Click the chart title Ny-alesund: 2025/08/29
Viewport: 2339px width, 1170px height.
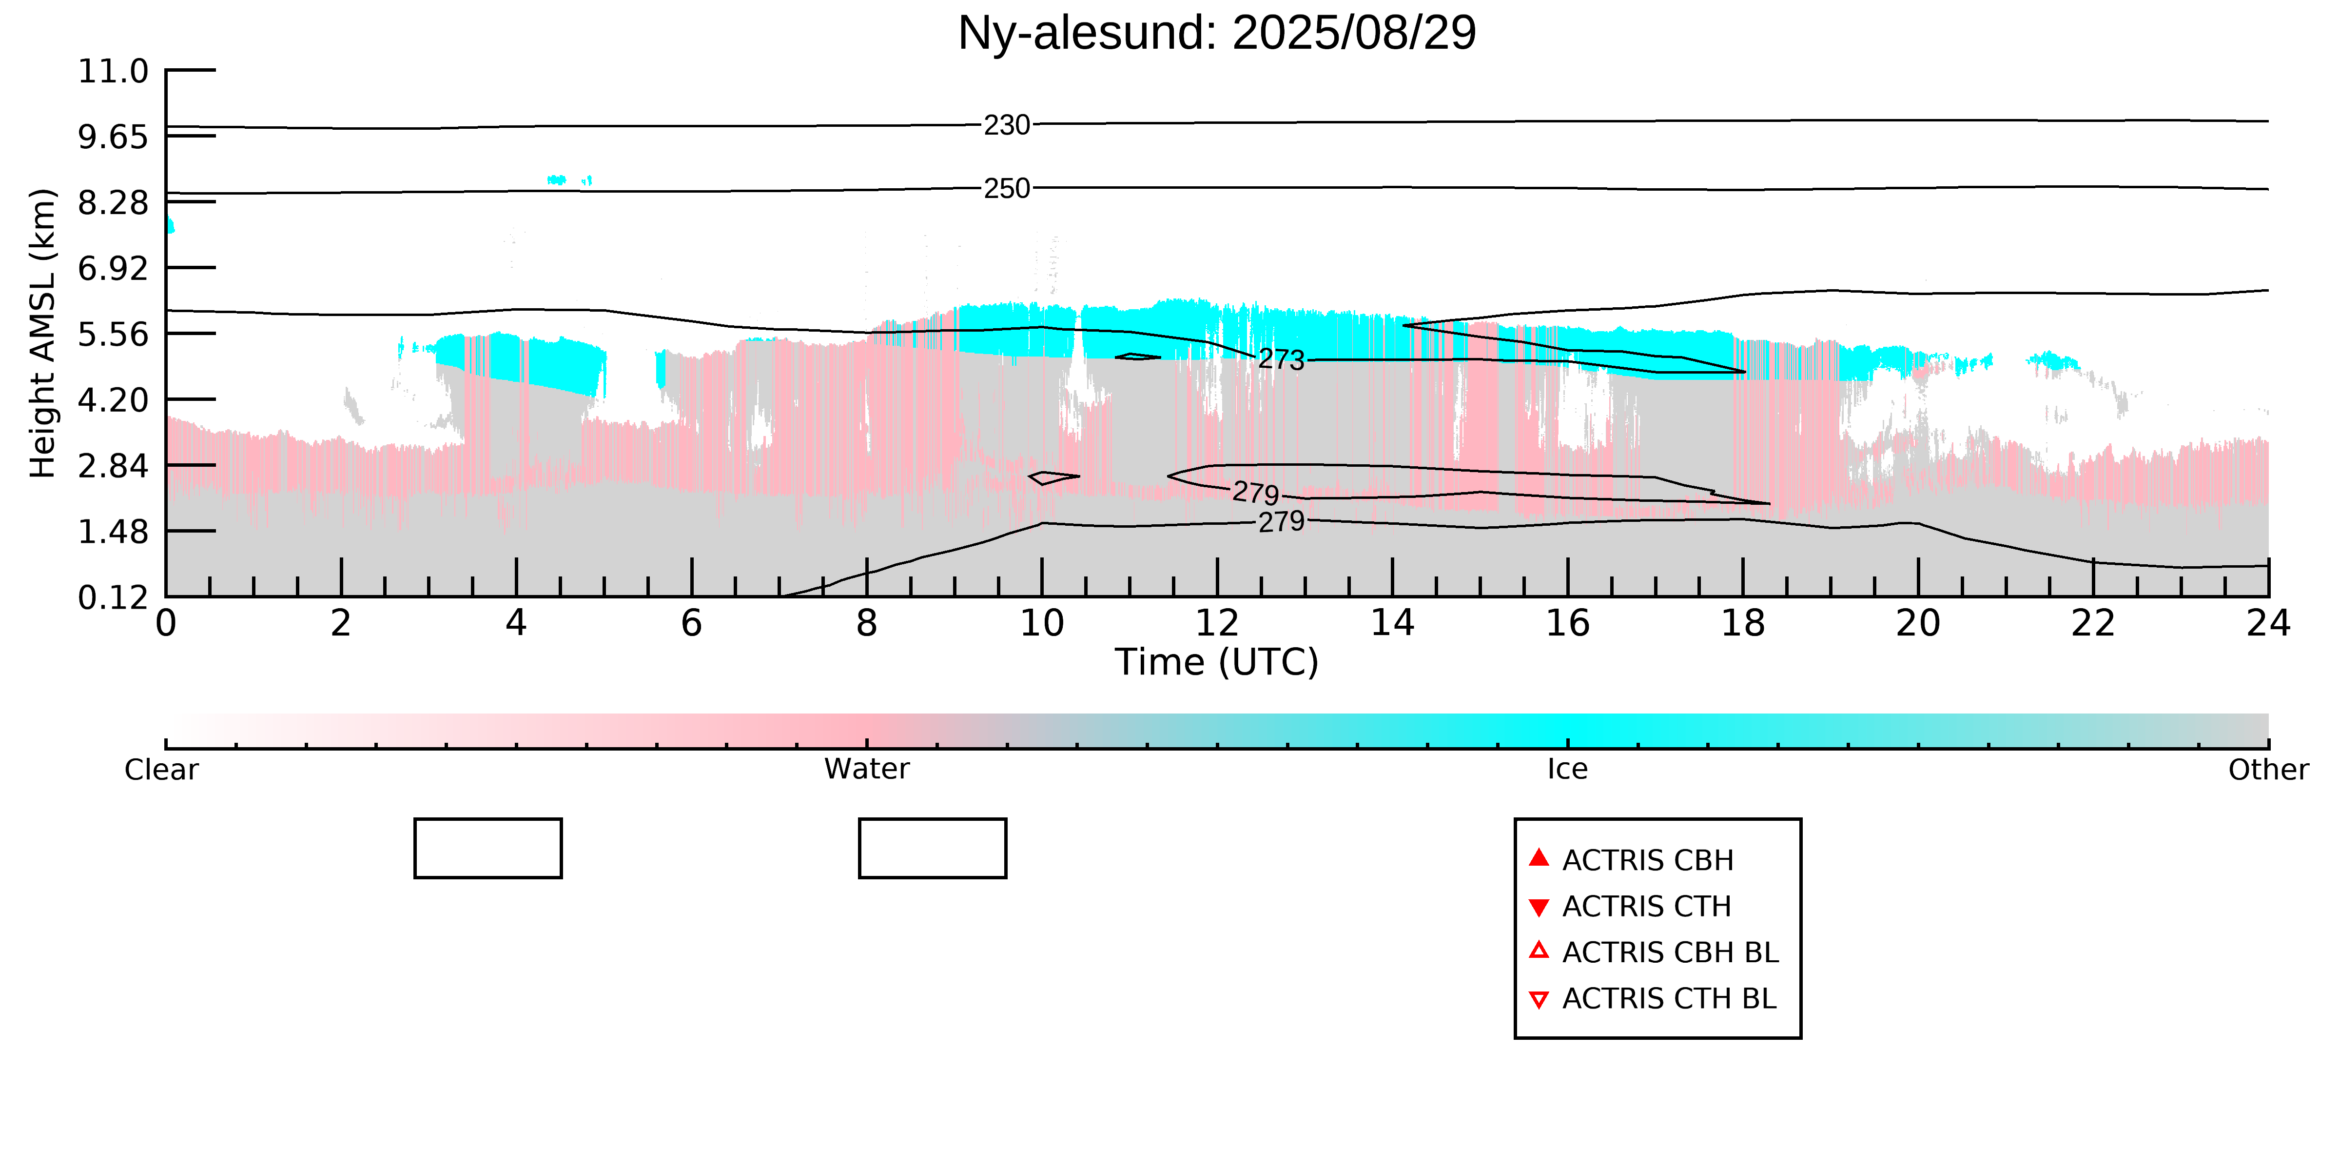point(1217,33)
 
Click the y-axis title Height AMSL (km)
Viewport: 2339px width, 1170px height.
point(43,334)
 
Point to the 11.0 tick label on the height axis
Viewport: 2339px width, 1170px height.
point(113,71)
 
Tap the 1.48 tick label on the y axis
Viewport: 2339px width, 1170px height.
point(113,532)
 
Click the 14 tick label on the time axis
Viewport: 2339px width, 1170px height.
point(1392,623)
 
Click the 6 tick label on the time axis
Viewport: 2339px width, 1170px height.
point(691,623)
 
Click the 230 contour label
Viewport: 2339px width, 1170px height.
point(1007,125)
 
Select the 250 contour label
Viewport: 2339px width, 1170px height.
point(1007,189)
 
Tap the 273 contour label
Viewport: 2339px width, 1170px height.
point(1281,360)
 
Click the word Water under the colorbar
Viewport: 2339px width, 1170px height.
point(866,770)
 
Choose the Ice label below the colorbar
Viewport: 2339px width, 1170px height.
point(1567,770)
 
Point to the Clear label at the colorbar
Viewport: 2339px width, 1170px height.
point(161,770)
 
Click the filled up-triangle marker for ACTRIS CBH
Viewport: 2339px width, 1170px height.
point(1538,857)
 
